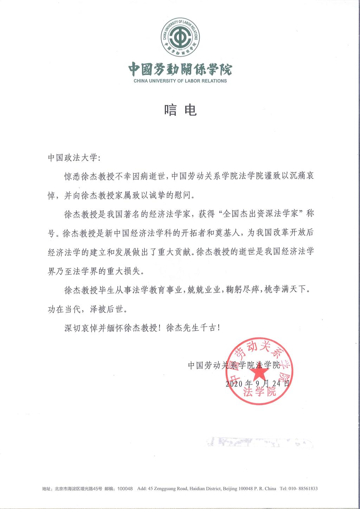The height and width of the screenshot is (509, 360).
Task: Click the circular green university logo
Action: click(180, 38)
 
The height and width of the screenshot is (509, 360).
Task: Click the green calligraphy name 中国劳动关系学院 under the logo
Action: click(180, 69)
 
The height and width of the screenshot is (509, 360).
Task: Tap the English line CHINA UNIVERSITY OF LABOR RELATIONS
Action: click(180, 81)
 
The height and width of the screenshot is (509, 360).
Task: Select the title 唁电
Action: click(180, 110)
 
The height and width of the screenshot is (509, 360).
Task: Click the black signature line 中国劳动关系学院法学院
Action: click(234, 365)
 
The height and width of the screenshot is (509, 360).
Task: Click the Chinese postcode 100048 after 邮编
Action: click(125, 489)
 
